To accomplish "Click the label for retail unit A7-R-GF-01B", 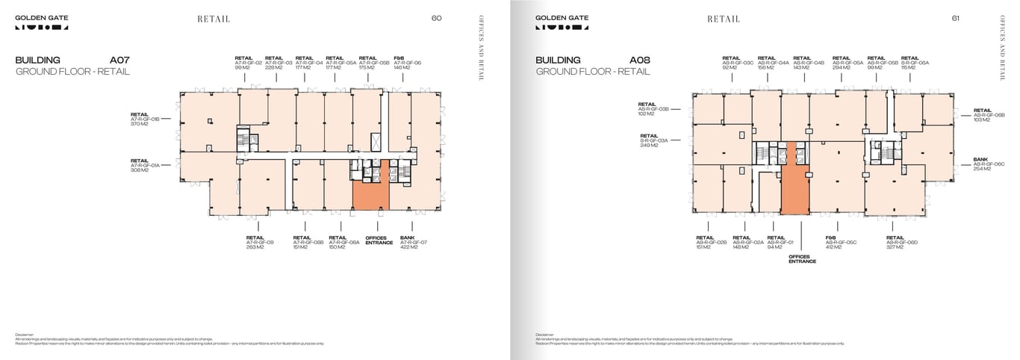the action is [146, 119].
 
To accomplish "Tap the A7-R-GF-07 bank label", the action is [413, 242].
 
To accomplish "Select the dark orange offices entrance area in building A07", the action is [371, 194].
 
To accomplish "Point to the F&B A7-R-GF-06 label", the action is [407, 63].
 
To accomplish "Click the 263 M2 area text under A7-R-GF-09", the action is [255, 247].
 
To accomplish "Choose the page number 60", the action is [437, 19].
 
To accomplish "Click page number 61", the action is [956, 19].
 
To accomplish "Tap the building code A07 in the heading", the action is [119, 60].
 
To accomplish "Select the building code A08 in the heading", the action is [640, 60].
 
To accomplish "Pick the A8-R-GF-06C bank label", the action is [982, 164].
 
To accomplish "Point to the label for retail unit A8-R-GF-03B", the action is [653, 109].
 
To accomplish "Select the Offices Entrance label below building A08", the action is [802, 258].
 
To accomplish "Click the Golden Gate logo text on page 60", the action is [41, 16].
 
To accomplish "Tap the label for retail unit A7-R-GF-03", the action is [274, 63].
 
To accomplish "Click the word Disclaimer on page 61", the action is [545, 335].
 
